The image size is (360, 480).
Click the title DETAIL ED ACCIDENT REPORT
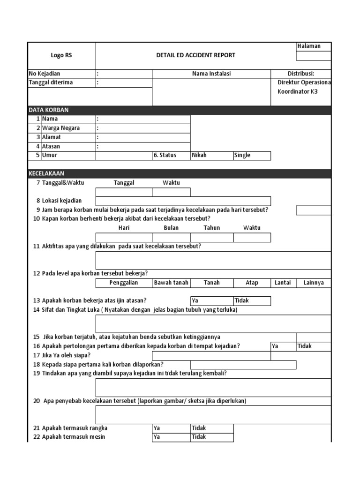click(x=195, y=55)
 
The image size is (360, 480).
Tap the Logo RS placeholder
click(x=61, y=55)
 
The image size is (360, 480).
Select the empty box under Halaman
click(x=314, y=56)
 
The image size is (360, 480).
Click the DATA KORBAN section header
click(x=48, y=110)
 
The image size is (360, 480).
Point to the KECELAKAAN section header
click(x=46, y=173)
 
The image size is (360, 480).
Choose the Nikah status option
click(x=211, y=156)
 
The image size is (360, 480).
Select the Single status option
click(x=252, y=156)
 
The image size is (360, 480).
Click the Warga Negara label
click(x=60, y=128)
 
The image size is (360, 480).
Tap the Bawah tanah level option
click(x=171, y=283)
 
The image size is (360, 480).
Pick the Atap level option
click(x=252, y=283)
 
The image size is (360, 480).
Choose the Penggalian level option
click(x=124, y=283)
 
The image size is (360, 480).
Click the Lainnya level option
click(x=313, y=283)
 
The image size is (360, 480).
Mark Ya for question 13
click(x=211, y=301)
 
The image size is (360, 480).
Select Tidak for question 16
click(x=313, y=346)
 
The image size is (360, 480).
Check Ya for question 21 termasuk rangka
click(x=171, y=428)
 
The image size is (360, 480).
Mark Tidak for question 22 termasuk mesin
click(x=211, y=437)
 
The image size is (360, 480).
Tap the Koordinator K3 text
click(x=297, y=92)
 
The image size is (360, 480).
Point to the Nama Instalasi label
click(x=211, y=74)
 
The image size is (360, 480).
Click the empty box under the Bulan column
click(x=171, y=238)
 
